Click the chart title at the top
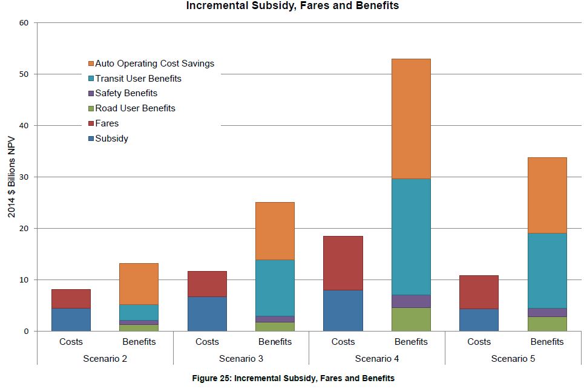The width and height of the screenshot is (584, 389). pos(292,6)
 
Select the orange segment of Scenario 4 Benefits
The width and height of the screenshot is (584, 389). pos(411,119)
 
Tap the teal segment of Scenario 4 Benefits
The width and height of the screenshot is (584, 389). pos(411,237)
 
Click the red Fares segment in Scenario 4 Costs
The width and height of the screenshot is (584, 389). pos(343,263)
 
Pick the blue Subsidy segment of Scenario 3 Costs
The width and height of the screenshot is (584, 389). pos(207,314)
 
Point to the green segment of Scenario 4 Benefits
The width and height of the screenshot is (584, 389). pos(411,319)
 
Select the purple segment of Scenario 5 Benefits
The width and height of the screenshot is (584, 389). pos(547,313)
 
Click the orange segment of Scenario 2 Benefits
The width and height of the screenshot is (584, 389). pos(139,284)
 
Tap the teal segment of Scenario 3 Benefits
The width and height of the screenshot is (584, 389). pos(275,288)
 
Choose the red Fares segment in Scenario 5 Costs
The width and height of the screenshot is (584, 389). pos(479,292)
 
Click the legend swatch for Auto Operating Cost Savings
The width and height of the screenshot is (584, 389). pos(91,64)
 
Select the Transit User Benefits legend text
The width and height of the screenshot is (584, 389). pos(139,79)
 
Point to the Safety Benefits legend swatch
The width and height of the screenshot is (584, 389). pos(91,94)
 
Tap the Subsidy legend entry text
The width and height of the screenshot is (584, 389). pos(112,139)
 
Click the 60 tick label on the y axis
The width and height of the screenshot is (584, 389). pos(24,23)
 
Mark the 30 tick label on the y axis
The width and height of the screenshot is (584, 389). pos(24,177)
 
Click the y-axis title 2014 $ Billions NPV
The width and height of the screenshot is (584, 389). pos(10,177)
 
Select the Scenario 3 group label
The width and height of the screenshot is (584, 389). pos(241,358)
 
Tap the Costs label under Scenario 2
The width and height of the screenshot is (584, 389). pos(71,342)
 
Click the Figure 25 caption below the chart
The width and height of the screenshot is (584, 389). pos(293,379)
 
